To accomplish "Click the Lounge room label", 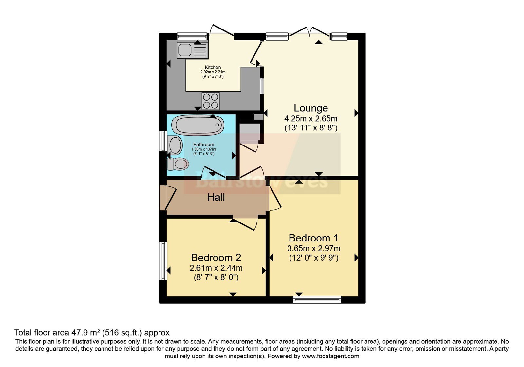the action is [311, 108].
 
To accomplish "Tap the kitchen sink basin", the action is [185, 50].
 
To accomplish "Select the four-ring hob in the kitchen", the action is [211, 101].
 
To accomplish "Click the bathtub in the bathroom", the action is [198, 125].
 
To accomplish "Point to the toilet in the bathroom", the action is [178, 164].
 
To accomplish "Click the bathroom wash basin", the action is [175, 145].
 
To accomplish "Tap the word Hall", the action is [216, 197].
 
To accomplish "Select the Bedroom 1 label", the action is [313, 238].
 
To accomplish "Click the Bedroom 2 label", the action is [216, 258].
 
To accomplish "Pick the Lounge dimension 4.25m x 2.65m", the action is [311, 118].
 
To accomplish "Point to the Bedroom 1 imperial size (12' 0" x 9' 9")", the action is [314, 258].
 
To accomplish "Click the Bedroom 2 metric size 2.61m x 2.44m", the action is [216, 268].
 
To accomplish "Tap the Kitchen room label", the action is [213, 68].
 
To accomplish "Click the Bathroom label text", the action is [203, 145].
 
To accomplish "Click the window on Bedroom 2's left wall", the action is [163, 261].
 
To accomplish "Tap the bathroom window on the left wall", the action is [163, 141].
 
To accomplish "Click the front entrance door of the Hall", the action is [168, 198].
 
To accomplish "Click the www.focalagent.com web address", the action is [330, 356].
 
